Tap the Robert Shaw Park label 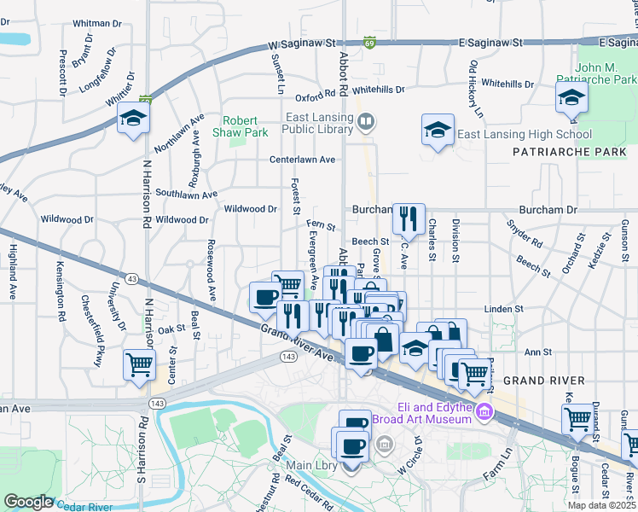[246, 126]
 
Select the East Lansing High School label [525, 134]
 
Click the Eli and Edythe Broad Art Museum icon [484, 413]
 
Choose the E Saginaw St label [490, 41]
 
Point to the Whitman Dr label [100, 23]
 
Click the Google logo [28, 501]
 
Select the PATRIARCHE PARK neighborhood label [568, 152]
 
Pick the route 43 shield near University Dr [131, 278]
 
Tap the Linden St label [503, 308]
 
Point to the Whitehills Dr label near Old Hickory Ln [507, 84]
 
